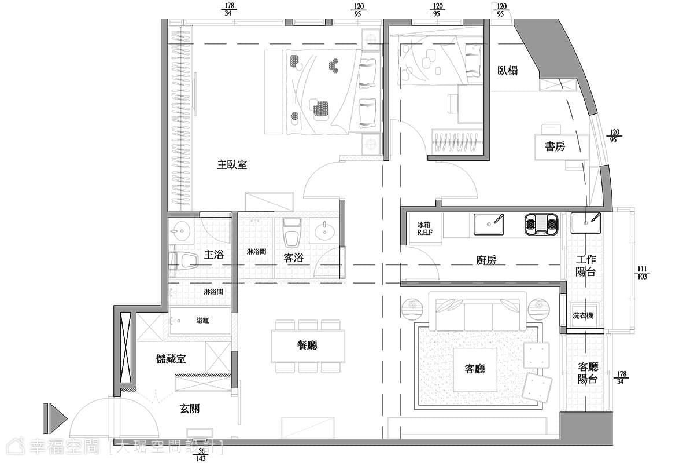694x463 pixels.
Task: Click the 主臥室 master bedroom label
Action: (x=232, y=165)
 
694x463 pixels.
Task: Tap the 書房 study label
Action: (x=555, y=146)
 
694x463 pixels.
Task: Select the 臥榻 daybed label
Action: (x=508, y=71)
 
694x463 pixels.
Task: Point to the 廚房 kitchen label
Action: (x=486, y=260)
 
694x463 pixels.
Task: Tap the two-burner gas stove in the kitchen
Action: (x=541, y=224)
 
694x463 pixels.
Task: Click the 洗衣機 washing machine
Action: (x=583, y=315)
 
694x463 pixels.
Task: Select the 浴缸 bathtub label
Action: (x=202, y=321)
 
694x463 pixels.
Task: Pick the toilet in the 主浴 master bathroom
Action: (x=185, y=260)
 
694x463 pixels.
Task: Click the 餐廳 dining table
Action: (x=308, y=346)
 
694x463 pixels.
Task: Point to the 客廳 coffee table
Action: (x=475, y=369)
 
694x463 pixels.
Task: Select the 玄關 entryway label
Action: (x=190, y=409)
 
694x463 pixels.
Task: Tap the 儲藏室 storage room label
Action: (x=171, y=359)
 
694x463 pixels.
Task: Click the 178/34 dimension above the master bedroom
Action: (x=229, y=10)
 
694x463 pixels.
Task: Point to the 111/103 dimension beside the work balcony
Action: (x=642, y=273)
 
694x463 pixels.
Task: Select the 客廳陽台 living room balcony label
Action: (x=588, y=373)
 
